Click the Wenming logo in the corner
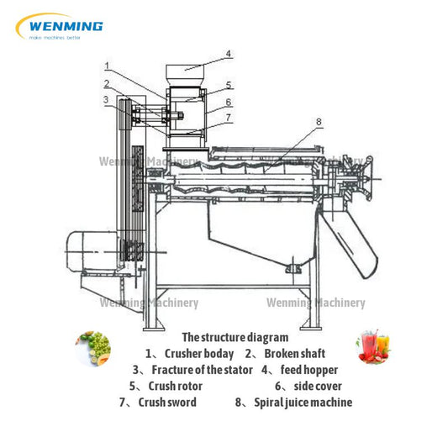pos(59,27)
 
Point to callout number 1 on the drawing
pos(107,64)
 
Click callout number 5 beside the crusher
pos(229,85)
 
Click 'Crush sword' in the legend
pos(167,402)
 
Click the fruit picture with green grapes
pos(94,346)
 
